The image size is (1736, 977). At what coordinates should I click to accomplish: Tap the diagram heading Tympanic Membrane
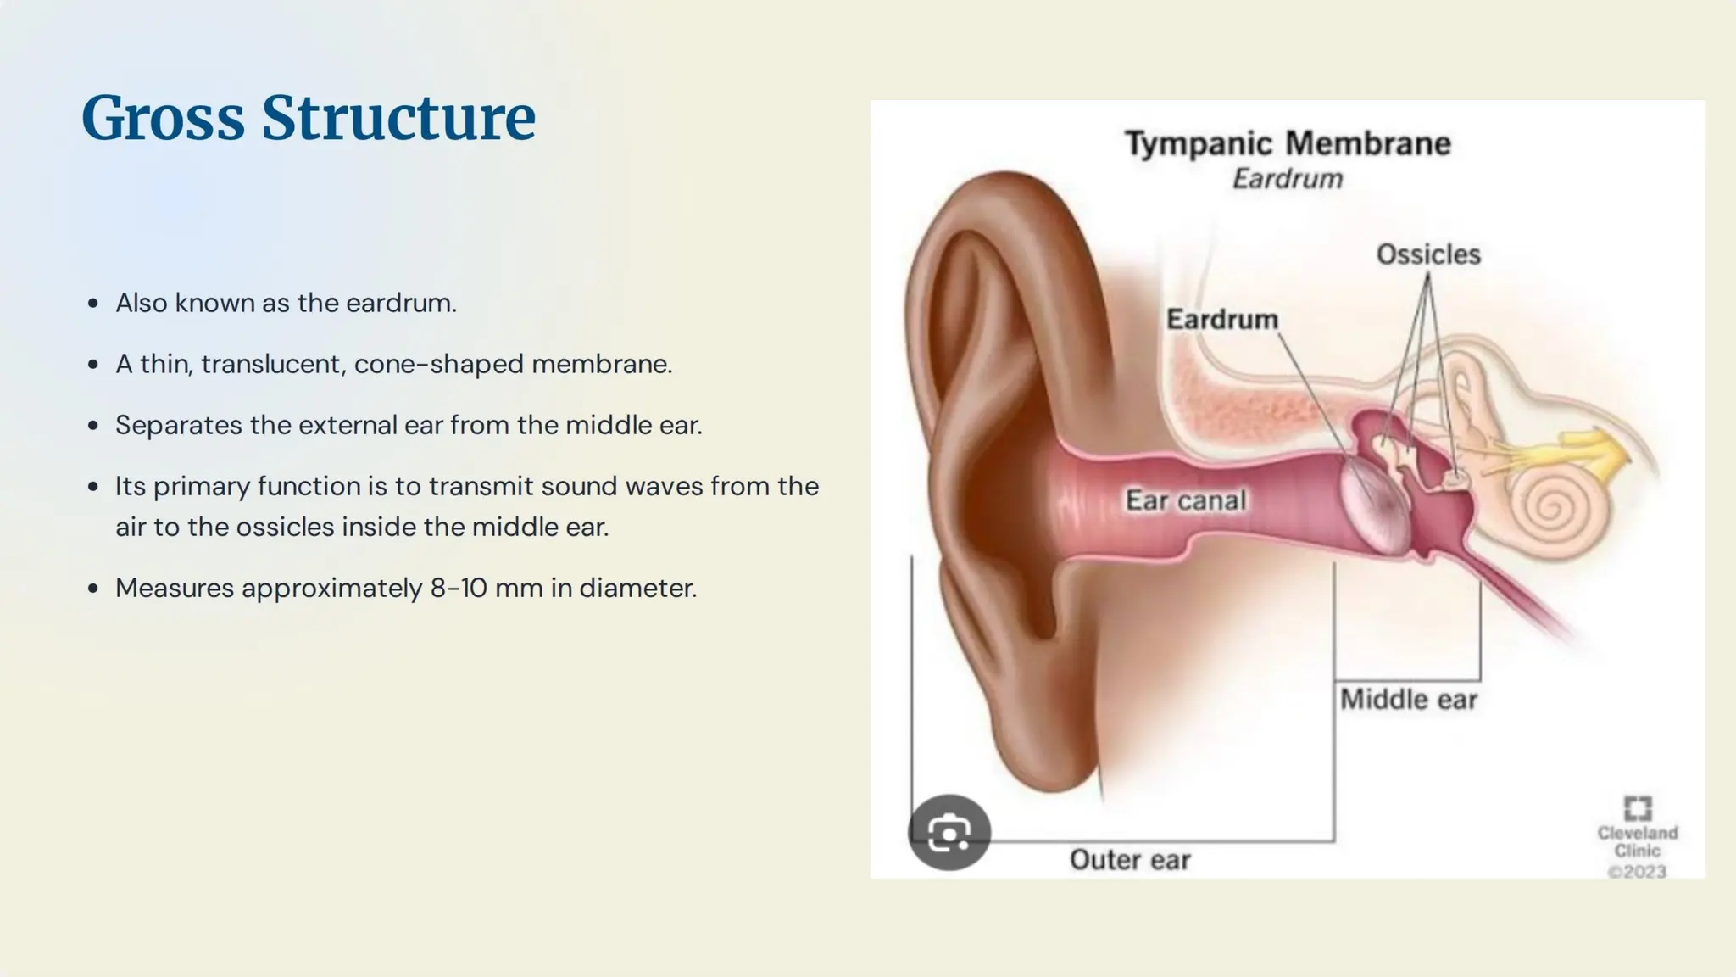1287,143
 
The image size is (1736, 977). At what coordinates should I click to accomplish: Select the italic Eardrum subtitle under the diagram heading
1287,179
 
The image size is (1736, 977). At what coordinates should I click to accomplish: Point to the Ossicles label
1428,254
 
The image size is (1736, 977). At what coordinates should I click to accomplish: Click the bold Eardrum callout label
1221,320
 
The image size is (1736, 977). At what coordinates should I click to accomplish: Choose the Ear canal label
1185,500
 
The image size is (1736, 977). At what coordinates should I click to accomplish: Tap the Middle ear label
1408,700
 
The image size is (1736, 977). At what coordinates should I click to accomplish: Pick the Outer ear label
1130,860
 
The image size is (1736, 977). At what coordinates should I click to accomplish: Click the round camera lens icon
949,833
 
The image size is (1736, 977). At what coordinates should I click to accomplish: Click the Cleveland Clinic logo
1637,808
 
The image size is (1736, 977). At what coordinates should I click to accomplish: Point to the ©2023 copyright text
1637,872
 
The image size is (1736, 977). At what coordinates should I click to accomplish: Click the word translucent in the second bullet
274,364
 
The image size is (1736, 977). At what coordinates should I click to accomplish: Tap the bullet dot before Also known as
93,304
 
